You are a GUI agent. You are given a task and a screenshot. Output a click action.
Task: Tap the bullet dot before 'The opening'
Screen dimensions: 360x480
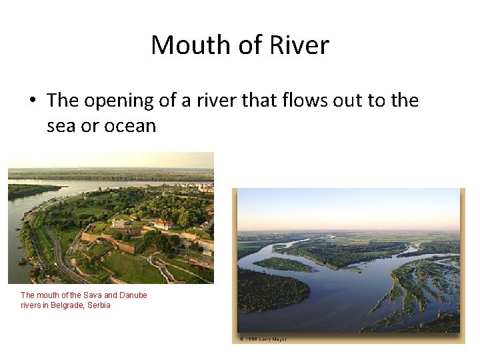pos(33,101)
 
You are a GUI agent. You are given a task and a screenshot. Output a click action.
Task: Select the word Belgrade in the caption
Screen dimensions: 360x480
pos(67,305)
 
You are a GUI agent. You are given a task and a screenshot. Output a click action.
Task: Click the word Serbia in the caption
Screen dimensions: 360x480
pos(99,305)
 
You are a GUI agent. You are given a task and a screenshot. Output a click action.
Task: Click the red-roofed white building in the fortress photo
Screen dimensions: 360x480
pos(163,224)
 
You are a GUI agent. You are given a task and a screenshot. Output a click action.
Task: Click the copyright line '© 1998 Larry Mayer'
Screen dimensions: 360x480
pos(263,339)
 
